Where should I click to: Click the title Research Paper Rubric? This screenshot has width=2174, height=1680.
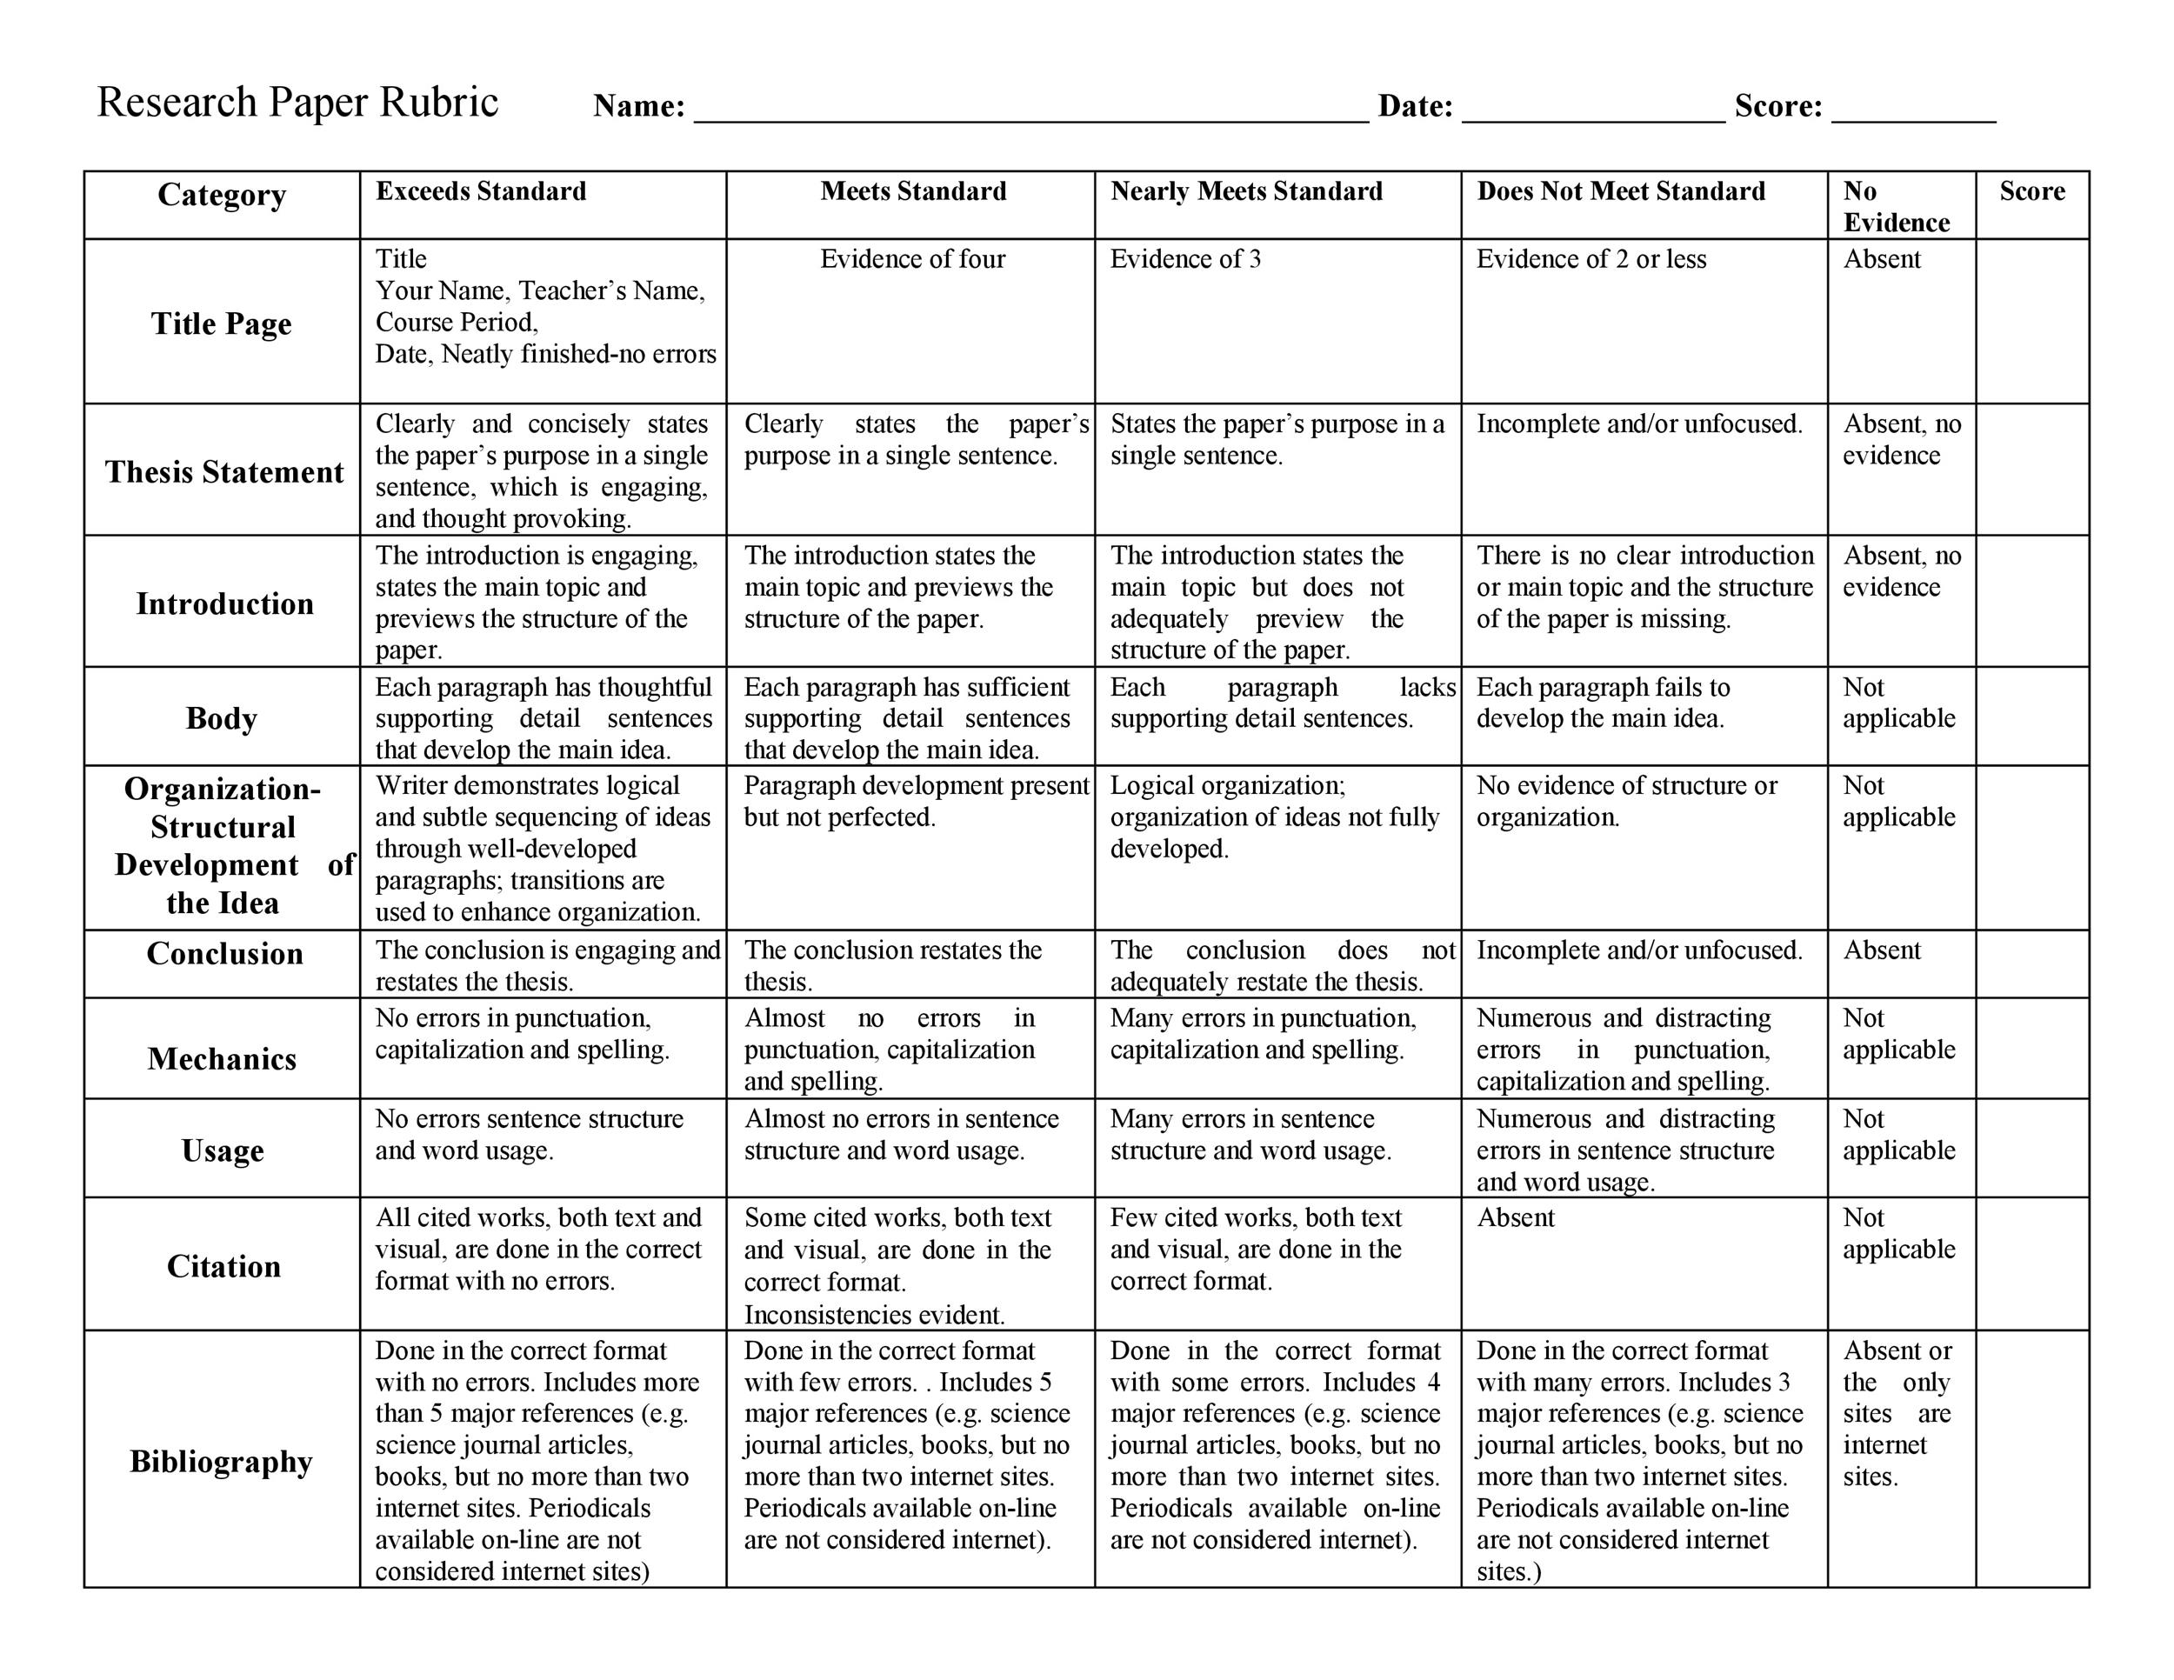297,103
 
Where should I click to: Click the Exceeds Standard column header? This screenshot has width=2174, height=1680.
481,191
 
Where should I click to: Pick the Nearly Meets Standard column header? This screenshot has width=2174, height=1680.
1246,191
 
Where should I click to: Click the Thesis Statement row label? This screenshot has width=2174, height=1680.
224,472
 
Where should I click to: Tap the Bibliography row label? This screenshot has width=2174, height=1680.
221,1461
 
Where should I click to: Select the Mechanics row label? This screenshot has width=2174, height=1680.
222,1059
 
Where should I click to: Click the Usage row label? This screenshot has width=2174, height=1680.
222,1150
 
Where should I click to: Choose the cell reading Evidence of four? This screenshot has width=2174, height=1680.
912,260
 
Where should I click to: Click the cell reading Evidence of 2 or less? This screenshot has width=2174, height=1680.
1590,260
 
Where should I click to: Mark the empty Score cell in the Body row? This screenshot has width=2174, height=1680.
2031,717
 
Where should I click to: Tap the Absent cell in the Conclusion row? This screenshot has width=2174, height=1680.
1881,950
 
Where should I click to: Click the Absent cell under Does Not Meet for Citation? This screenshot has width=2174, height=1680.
1515,1218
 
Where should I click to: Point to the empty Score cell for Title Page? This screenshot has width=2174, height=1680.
2031,321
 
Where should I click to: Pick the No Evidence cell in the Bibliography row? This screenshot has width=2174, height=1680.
1897,1413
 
